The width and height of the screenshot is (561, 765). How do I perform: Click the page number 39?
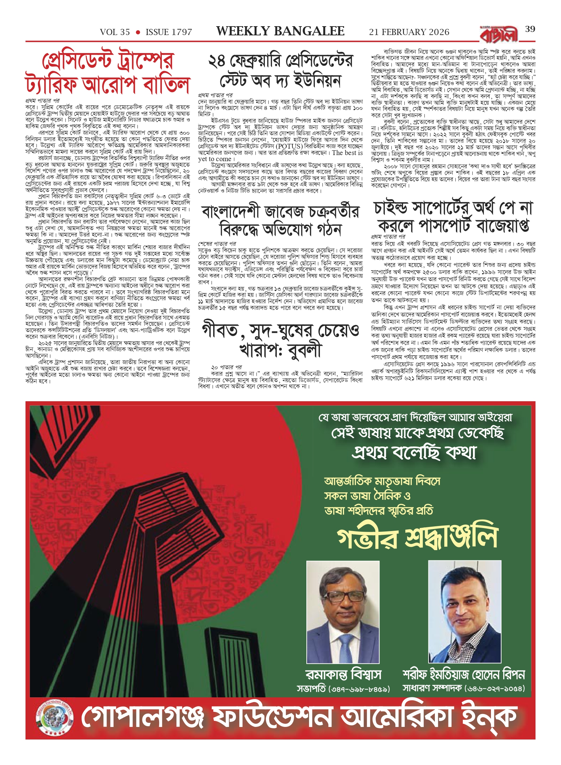pos(530,29)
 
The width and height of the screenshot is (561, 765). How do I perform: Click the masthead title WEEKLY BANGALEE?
pos(280,32)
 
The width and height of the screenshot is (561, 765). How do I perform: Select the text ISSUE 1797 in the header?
pos(169,32)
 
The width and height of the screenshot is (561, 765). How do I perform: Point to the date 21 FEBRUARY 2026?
pos(409,32)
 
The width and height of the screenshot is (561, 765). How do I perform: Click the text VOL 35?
pos(115,32)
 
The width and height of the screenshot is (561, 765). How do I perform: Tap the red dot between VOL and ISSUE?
pos(138,32)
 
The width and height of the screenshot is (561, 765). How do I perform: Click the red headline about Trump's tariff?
pos(107,73)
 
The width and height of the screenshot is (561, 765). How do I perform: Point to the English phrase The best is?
pos(347,153)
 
